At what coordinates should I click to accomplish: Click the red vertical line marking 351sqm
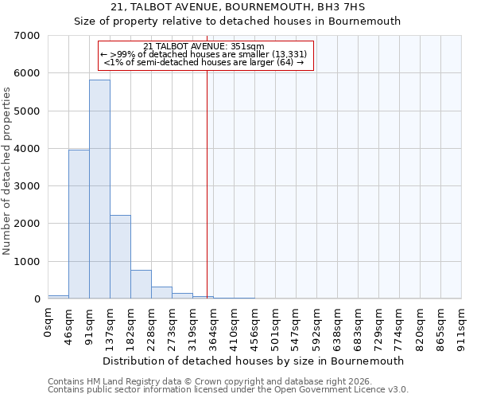point(207,183)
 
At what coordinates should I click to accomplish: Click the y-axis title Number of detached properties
point(7,171)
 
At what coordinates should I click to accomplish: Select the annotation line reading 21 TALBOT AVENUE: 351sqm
point(209,46)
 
